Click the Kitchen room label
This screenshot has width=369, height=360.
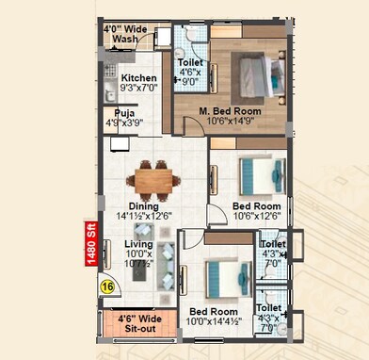pyautogui.click(x=138, y=78)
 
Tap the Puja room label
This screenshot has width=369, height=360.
pyautogui.click(x=137, y=111)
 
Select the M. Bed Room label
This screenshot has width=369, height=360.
pyautogui.click(x=231, y=110)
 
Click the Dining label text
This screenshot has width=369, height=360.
pyautogui.click(x=142, y=205)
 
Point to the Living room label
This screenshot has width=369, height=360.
pyautogui.click(x=138, y=243)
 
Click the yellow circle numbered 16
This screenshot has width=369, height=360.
pyautogui.click(x=108, y=286)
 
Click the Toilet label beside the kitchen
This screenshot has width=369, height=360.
pyautogui.click(x=189, y=62)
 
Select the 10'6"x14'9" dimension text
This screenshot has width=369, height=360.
pyautogui.click(x=231, y=121)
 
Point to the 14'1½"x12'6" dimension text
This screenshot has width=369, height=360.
pyautogui.click(x=142, y=216)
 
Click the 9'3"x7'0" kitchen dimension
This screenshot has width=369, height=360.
pyautogui.click(x=138, y=89)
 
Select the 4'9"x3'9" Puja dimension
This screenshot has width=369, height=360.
pyautogui.click(x=137, y=122)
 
